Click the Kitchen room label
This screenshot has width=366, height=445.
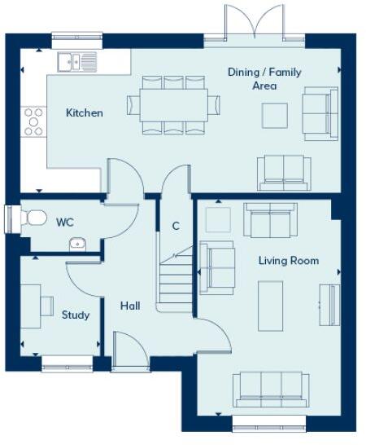coord(85,112)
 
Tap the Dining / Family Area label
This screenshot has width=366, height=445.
coord(264,79)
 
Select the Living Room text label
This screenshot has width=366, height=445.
coord(289,261)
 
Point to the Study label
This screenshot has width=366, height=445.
coord(76,315)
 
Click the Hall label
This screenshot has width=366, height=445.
coord(130,306)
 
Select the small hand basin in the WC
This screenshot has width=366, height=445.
coord(77,242)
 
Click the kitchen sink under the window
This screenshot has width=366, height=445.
coord(76,59)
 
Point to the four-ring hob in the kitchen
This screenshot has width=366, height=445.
coord(34,121)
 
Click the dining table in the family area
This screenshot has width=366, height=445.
coord(173,104)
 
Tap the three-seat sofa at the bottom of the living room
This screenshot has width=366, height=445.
coord(270,386)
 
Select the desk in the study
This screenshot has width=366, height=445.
coord(31,306)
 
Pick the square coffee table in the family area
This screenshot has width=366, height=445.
coord(274,116)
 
